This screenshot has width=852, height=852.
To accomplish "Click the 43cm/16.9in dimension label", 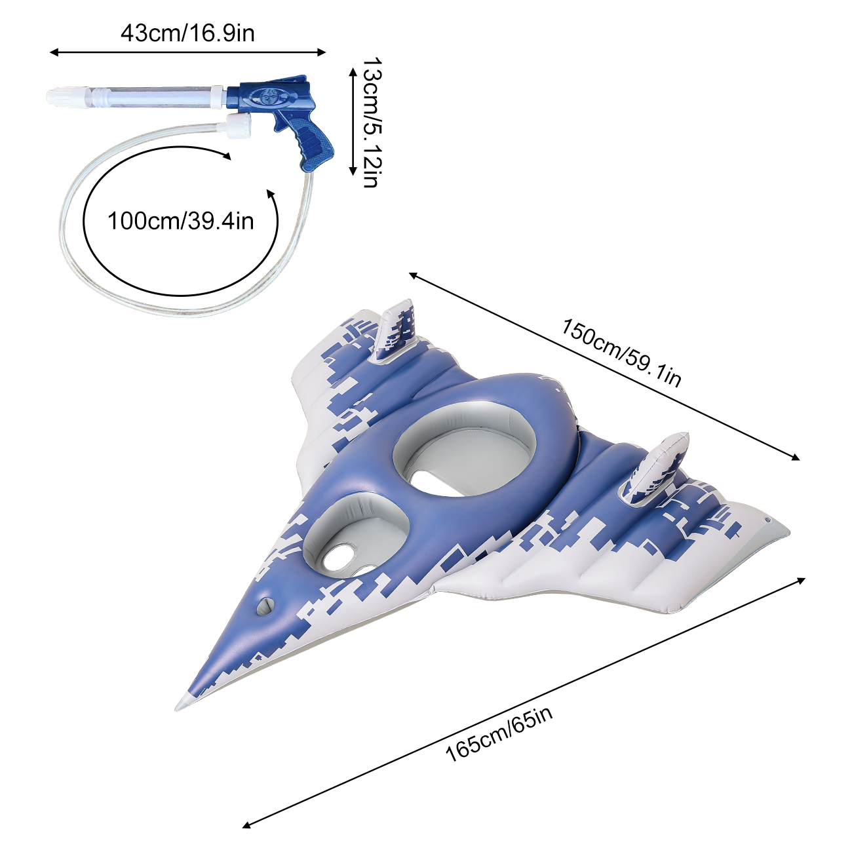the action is click(187, 33).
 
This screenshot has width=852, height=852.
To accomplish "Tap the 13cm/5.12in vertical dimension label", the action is click(370, 123).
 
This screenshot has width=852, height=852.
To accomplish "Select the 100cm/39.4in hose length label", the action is click(181, 221).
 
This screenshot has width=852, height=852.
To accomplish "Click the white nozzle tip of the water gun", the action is click(61, 97).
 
